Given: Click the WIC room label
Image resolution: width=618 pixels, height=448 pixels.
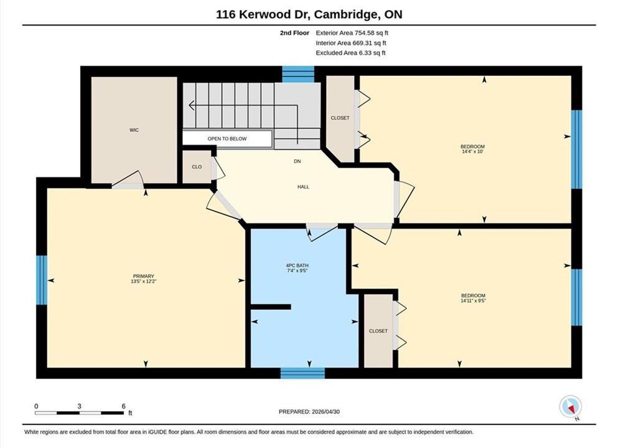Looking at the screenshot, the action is [x=134, y=130].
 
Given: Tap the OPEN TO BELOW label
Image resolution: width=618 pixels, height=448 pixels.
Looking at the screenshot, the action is [x=227, y=139].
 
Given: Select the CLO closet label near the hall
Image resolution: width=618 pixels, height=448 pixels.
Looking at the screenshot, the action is [x=197, y=167].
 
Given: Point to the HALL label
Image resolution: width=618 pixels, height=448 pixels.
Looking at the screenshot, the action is [x=303, y=187].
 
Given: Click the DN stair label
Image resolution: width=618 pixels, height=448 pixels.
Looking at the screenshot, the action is [x=297, y=161].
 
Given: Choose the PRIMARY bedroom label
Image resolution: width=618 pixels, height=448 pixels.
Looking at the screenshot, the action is [x=144, y=276].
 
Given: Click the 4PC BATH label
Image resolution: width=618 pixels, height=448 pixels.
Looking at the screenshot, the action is [x=297, y=266].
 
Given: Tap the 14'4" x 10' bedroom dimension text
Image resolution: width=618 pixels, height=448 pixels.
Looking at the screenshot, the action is [x=472, y=151].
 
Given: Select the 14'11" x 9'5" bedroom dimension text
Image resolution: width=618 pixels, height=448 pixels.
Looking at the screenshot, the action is [x=474, y=301].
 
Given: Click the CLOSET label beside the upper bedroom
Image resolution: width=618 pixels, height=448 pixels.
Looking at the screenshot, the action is [x=340, y=118].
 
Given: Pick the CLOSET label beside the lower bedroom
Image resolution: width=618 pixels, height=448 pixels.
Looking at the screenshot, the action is [x=378, y=331].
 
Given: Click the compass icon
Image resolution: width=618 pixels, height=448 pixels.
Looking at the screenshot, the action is [x=570, y=407].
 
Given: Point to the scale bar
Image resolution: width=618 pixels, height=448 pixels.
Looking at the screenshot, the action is [x=79, y=413].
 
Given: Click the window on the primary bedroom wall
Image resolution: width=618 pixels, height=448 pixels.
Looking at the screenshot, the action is [x=42, y=280].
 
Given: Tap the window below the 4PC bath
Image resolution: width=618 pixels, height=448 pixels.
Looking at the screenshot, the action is [x=302, y=373].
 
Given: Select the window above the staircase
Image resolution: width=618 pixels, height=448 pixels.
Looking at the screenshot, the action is [x=298, y=75].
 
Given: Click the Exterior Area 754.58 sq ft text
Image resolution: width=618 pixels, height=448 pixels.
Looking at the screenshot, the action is [x=352, y=33].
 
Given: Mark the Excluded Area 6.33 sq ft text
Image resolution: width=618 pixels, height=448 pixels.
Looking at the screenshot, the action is [x=350, y=53].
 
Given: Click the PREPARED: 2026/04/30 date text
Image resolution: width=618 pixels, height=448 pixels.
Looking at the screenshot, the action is [x=309, y=412].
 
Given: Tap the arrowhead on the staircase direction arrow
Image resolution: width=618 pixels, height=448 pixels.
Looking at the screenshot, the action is [x=192, y=106].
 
